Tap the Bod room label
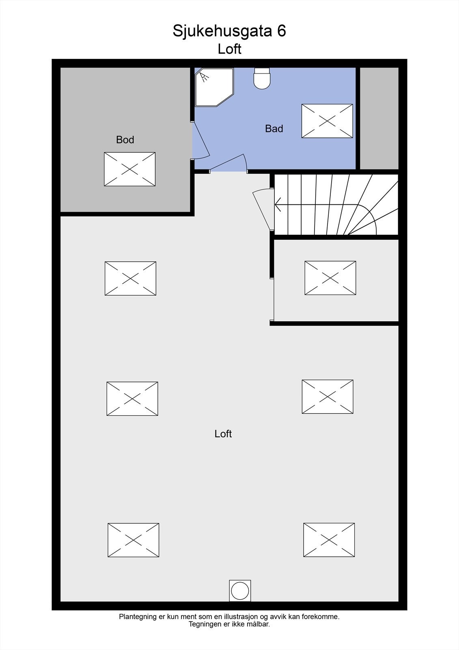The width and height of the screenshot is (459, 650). click(x=125, y=140)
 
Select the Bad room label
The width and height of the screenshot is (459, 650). click(x=274, y=128)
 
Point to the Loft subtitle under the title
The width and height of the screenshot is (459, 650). click(x=229, y=49)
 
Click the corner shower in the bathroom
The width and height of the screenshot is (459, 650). click(x=214, y=87)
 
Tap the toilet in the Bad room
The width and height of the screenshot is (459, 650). click(x=262, y=78)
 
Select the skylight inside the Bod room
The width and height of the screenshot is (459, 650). click(x=129, y=169)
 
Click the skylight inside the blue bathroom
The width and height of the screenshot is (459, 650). click(x=327, y=121)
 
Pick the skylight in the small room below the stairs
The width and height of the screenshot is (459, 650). click(x=330, y=278)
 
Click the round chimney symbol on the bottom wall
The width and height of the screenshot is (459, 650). click(x=240, y=591)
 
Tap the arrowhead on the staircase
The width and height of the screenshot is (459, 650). click(x=278, y=205)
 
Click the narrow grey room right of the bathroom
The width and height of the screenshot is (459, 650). click(x=379, y=118)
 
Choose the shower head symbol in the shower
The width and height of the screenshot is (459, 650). click(x=204, y=77)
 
